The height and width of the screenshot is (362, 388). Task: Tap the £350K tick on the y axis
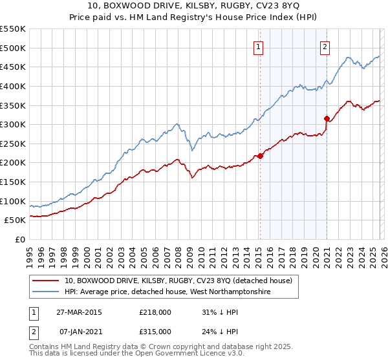(x=13, y=105)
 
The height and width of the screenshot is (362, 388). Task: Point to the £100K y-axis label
(x=13, y=201)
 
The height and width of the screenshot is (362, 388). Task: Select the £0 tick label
(x=19, y=239)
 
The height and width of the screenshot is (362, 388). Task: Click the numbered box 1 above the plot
(x=258, y=46)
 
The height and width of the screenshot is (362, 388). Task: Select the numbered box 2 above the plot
(x=324, y=46)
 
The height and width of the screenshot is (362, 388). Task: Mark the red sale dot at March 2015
(x=260, y=156)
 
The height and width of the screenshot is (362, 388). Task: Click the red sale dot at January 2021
(x=327, y=118)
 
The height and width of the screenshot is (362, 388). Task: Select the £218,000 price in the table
(x=155, y=312)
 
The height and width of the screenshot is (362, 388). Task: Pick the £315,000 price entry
(x=155, y=331)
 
